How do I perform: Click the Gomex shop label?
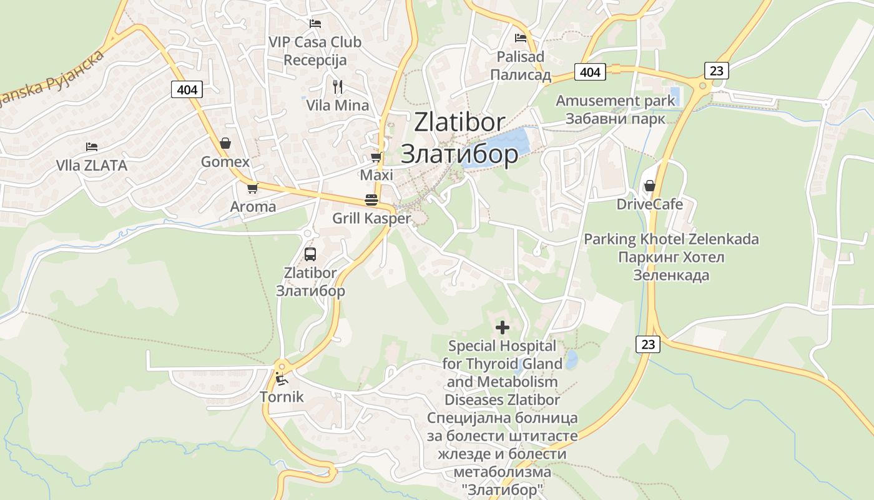click(x=225, y=162)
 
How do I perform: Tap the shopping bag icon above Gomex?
click(x=225, y=143)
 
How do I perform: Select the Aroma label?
click(x=253, y=206)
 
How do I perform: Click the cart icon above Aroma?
click(x=252, y=187)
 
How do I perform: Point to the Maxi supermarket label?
click(x=376, y=175)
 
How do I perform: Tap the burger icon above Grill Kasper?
click(x=371, y=200)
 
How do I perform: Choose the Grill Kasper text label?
click(x=371, y=218)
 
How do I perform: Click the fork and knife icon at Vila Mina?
click(x=338, y=86)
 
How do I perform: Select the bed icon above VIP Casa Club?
click(x=315, y=24)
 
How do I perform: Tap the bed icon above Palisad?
click(x=521, y=37)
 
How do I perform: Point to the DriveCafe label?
click(x=649, y=204)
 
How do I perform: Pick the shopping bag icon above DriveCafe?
click(x=649, y=186)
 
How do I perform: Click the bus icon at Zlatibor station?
click(x=310, y=254)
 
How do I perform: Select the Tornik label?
click(x=282, y=396)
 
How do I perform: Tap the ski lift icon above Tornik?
click(x=282, y=378)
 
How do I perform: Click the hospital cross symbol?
click(x=503, y=327)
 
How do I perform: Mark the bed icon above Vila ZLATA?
click(x=92, y=147)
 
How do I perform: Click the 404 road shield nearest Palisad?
click(x=590, y=72)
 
